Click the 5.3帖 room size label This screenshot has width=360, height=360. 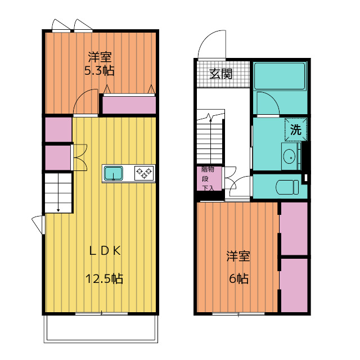[100, 70]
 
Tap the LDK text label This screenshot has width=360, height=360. [105, 251]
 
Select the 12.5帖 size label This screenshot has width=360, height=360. [104, 279]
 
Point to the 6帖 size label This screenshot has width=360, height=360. [238, 279]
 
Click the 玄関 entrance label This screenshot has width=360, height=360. [220, 74]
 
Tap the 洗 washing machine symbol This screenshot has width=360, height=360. [296, 129]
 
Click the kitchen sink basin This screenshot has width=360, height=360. [114, 173]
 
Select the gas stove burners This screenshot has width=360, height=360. [144, 173]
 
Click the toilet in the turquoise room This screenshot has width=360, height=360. [287, 187]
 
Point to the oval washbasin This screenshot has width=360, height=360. [289, 156]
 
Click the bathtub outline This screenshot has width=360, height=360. [280, 75]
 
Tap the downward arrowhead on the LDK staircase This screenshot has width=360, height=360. [58, 210]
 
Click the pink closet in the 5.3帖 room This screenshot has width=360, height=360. [129, 105]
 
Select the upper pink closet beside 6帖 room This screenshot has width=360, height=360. [294, 228]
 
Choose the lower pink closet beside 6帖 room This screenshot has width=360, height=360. [294, 285]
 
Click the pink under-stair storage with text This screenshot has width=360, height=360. [209, 179]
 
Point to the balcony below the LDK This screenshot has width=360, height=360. [101, 328]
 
